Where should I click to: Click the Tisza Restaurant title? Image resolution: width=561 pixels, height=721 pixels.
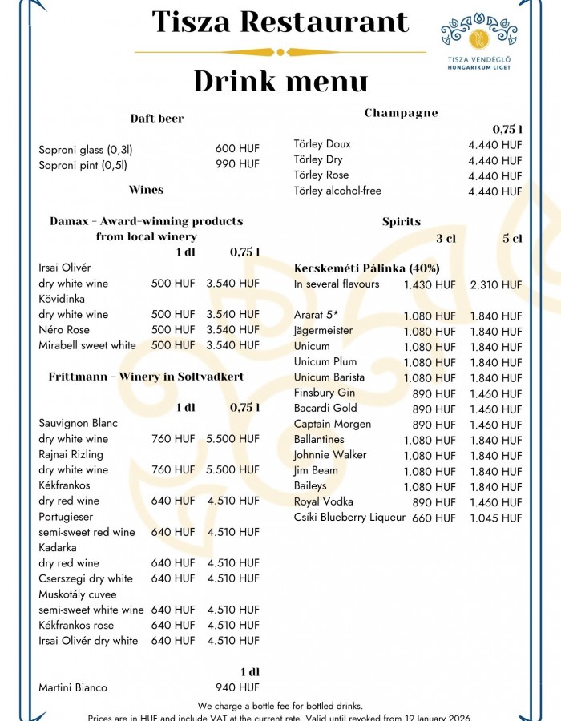280,22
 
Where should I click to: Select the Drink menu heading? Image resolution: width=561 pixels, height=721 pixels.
280,81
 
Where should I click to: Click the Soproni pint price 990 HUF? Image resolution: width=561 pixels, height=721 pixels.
237,164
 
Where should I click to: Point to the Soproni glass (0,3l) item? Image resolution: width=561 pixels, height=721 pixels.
86,149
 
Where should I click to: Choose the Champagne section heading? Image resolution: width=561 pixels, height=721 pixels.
402,113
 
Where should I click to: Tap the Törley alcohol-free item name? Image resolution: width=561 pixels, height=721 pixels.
337,191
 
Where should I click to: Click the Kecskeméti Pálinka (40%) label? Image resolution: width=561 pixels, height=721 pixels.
366,268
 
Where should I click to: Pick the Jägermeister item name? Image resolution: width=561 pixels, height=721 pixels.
323,331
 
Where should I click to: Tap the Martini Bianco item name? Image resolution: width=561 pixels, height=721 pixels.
73,687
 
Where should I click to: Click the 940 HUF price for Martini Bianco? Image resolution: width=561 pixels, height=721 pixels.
237,687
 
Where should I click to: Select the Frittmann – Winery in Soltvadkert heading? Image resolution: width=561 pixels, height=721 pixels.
146,377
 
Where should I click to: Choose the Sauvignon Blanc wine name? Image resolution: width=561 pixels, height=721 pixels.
78,423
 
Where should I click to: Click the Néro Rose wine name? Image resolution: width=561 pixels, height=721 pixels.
64,330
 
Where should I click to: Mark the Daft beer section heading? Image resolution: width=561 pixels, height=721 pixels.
157,119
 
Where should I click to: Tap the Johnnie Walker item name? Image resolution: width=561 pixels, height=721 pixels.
330,455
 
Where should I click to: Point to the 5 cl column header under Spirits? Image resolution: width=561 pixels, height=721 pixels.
512,238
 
